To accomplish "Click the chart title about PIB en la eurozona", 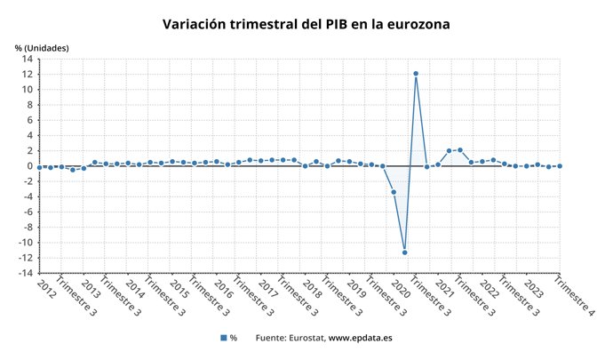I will [x=306, y=24].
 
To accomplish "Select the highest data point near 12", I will [x=416, y=74].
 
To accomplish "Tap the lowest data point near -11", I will [x=404, y=252].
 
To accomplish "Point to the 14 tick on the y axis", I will [x=28, y=59].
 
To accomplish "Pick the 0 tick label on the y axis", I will [x=30, y=166].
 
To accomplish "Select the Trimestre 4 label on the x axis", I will [x=575, y=298].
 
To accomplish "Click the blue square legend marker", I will [x=223, y=338].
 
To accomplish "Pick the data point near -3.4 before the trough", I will [x=394, y=192].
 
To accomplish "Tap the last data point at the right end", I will [x=560, y=166].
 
